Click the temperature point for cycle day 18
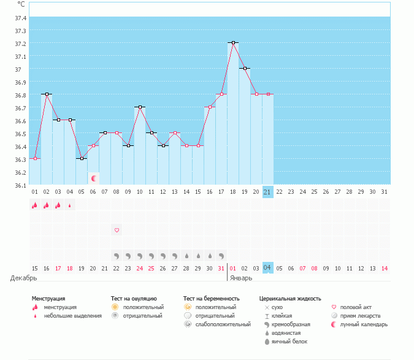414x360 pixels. tap(233, 42)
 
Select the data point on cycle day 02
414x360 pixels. tap(47, 94)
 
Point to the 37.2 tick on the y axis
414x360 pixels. tap(21, 44)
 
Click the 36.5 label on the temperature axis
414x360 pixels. tap(21, 134)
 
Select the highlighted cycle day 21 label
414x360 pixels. tap(267, 192)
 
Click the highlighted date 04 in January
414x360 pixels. tap(267, 268)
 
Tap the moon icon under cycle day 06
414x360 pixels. tap(94, 178)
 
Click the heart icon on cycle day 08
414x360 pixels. tap(117, 230)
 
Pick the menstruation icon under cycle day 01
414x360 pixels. tap(34, 205)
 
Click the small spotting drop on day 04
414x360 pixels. tap(69, 206)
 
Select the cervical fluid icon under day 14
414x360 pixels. tap(186, 255)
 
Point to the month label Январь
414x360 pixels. tap(241, 278)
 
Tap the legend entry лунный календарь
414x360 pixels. tap(364, 324)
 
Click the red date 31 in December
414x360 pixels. tap(221, 268)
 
